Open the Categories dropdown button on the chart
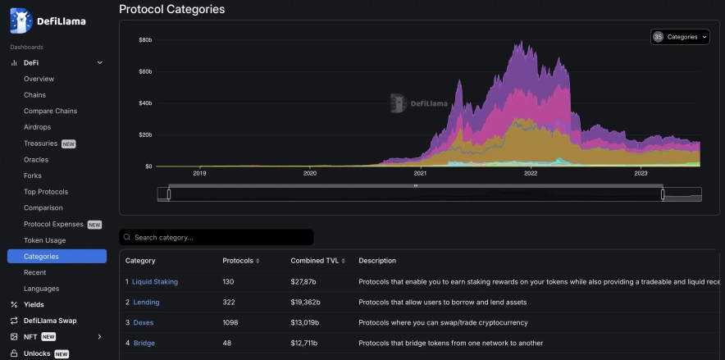(680, 37)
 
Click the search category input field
(217, 237)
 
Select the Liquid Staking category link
(155, 281)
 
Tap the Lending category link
(146, 302)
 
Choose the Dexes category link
(144, 322)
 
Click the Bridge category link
(144, 343)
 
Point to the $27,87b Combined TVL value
(305, 281)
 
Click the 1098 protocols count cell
(231, 322)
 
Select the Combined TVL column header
(314, 261)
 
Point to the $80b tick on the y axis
(145, 39)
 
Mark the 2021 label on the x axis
(420, 173)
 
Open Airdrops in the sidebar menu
(37, 127)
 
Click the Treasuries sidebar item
(41, 144)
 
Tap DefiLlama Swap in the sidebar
(49, 321)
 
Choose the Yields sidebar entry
(34, 304)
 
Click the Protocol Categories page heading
(171, 9)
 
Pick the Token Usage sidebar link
(44, 240)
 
